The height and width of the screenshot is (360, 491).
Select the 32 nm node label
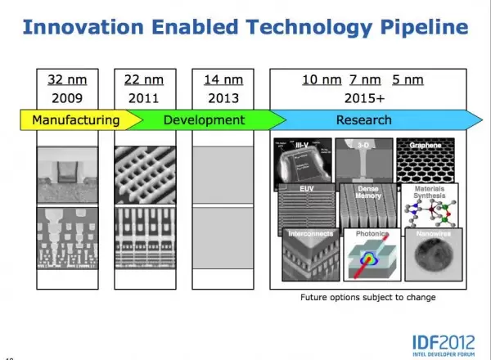(x=66, y=80)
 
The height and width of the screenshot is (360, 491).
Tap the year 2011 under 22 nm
(x=144, y=98)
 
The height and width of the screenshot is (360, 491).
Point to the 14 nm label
(x=222, y=80)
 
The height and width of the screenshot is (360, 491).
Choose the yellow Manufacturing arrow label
(x=75, y=120)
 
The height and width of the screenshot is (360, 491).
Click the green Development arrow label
(x=204, y=120)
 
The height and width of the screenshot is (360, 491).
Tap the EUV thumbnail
(x=306, y=206)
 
